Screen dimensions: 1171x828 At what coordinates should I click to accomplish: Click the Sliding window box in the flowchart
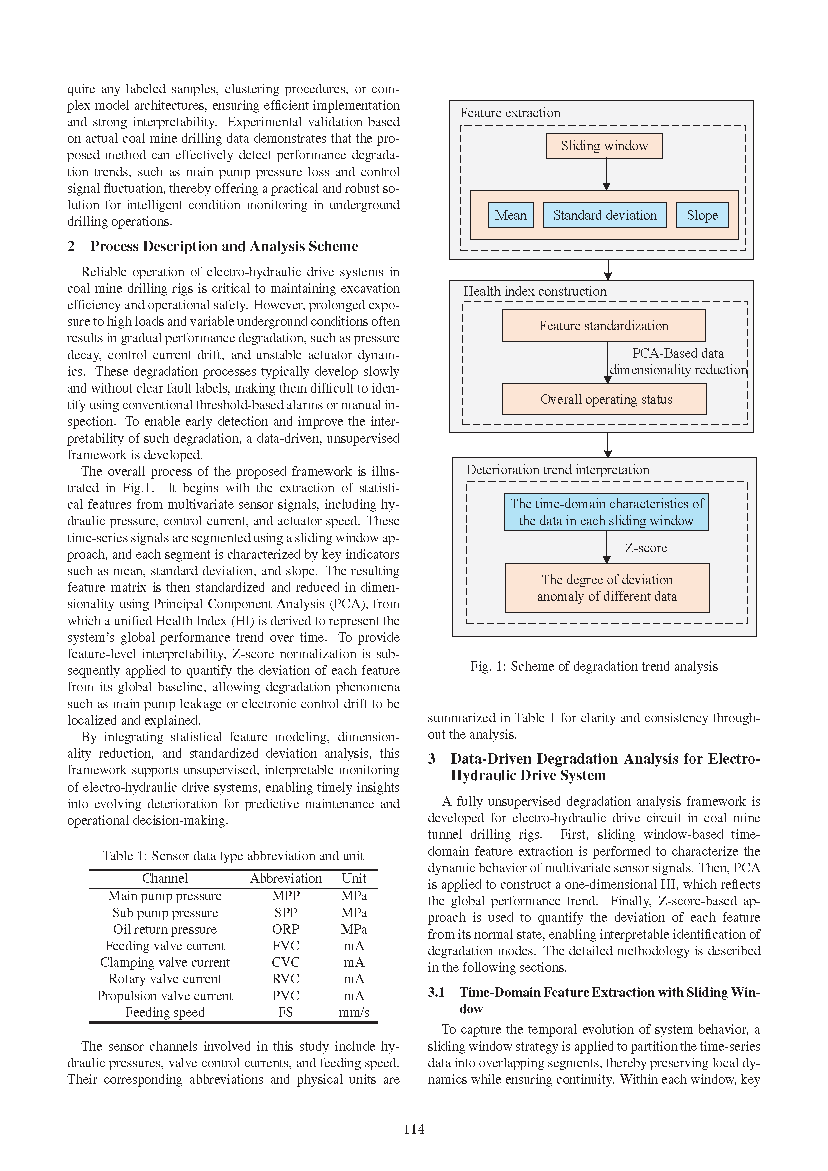click(x=604, y=146)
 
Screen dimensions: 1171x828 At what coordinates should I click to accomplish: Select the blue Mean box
click(x=510, y=215)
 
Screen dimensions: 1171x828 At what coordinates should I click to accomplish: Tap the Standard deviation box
click(x=605, y=215)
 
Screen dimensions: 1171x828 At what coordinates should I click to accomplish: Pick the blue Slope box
click(x=702, y=215)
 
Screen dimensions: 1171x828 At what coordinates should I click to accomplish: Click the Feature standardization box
click(x=604, y=326)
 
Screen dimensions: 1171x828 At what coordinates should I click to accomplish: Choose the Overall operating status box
click(x=605, y=399)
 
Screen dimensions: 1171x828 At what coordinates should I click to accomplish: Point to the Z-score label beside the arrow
click(x=646, y=548)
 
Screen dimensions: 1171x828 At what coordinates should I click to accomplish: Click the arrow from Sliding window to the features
click(x=607, y=174)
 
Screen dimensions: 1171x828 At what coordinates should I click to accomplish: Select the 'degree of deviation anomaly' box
click(x=607, y=588)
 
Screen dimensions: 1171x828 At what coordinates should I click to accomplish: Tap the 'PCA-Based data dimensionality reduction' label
click(x=678, y=361)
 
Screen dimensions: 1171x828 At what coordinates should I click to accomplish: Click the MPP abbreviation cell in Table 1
click(x=285, y=896)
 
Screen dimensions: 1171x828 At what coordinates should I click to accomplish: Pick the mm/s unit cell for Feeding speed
click(x=354, y=1012)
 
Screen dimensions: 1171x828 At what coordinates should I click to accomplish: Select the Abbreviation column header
click(x=286, y=878)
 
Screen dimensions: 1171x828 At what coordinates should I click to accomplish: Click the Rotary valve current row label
click(x=165, y=979)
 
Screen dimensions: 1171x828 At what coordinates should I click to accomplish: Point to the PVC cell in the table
click(x=285, y=996)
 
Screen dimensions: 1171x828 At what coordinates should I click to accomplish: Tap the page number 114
click(x=414, y=1129)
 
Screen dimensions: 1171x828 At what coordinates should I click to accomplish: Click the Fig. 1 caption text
click(x=594, y=666)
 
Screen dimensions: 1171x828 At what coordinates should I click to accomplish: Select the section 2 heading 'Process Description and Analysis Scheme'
click(x=224, y=246)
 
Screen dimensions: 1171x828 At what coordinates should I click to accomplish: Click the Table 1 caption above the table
click(x=233, y=855)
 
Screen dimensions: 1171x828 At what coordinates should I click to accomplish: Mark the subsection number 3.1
click(x=436, y=992)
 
